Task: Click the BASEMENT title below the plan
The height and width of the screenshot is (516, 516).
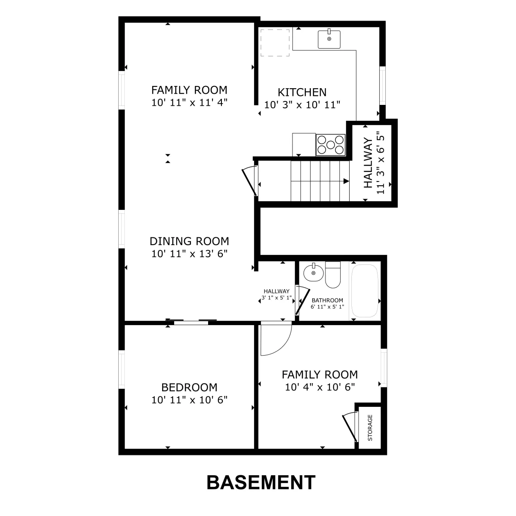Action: coord(261,482)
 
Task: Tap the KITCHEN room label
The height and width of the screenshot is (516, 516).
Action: coord(302,92)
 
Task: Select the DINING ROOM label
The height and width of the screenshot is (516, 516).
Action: coord(189,241)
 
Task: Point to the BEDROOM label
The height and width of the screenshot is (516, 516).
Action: coord(189,387)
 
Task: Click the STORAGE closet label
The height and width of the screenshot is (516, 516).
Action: coord(370,427)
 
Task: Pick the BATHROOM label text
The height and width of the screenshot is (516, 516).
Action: coord(327,300)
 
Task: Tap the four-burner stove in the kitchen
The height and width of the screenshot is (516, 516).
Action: coord(330,145)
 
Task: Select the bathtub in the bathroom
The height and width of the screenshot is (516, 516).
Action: coord(365,291)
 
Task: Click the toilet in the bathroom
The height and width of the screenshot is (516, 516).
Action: coord(333,275)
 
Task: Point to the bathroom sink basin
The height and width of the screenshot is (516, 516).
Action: coord(313,273)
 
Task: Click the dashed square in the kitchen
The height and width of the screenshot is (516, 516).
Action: coord(275,43)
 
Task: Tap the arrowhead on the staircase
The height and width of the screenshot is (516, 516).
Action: coord(346,181)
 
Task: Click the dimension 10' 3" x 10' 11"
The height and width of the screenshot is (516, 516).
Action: coord(302,104)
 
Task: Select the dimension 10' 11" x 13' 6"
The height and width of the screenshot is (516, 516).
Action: coord(189,254)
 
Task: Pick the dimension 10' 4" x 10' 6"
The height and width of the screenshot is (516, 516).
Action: coord(320,387)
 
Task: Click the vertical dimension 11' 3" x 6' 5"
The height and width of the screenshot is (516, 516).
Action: coord(380,163)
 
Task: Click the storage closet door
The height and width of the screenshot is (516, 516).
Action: coord(350,427)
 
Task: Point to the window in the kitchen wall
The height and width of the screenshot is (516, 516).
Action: coord(382,86)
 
